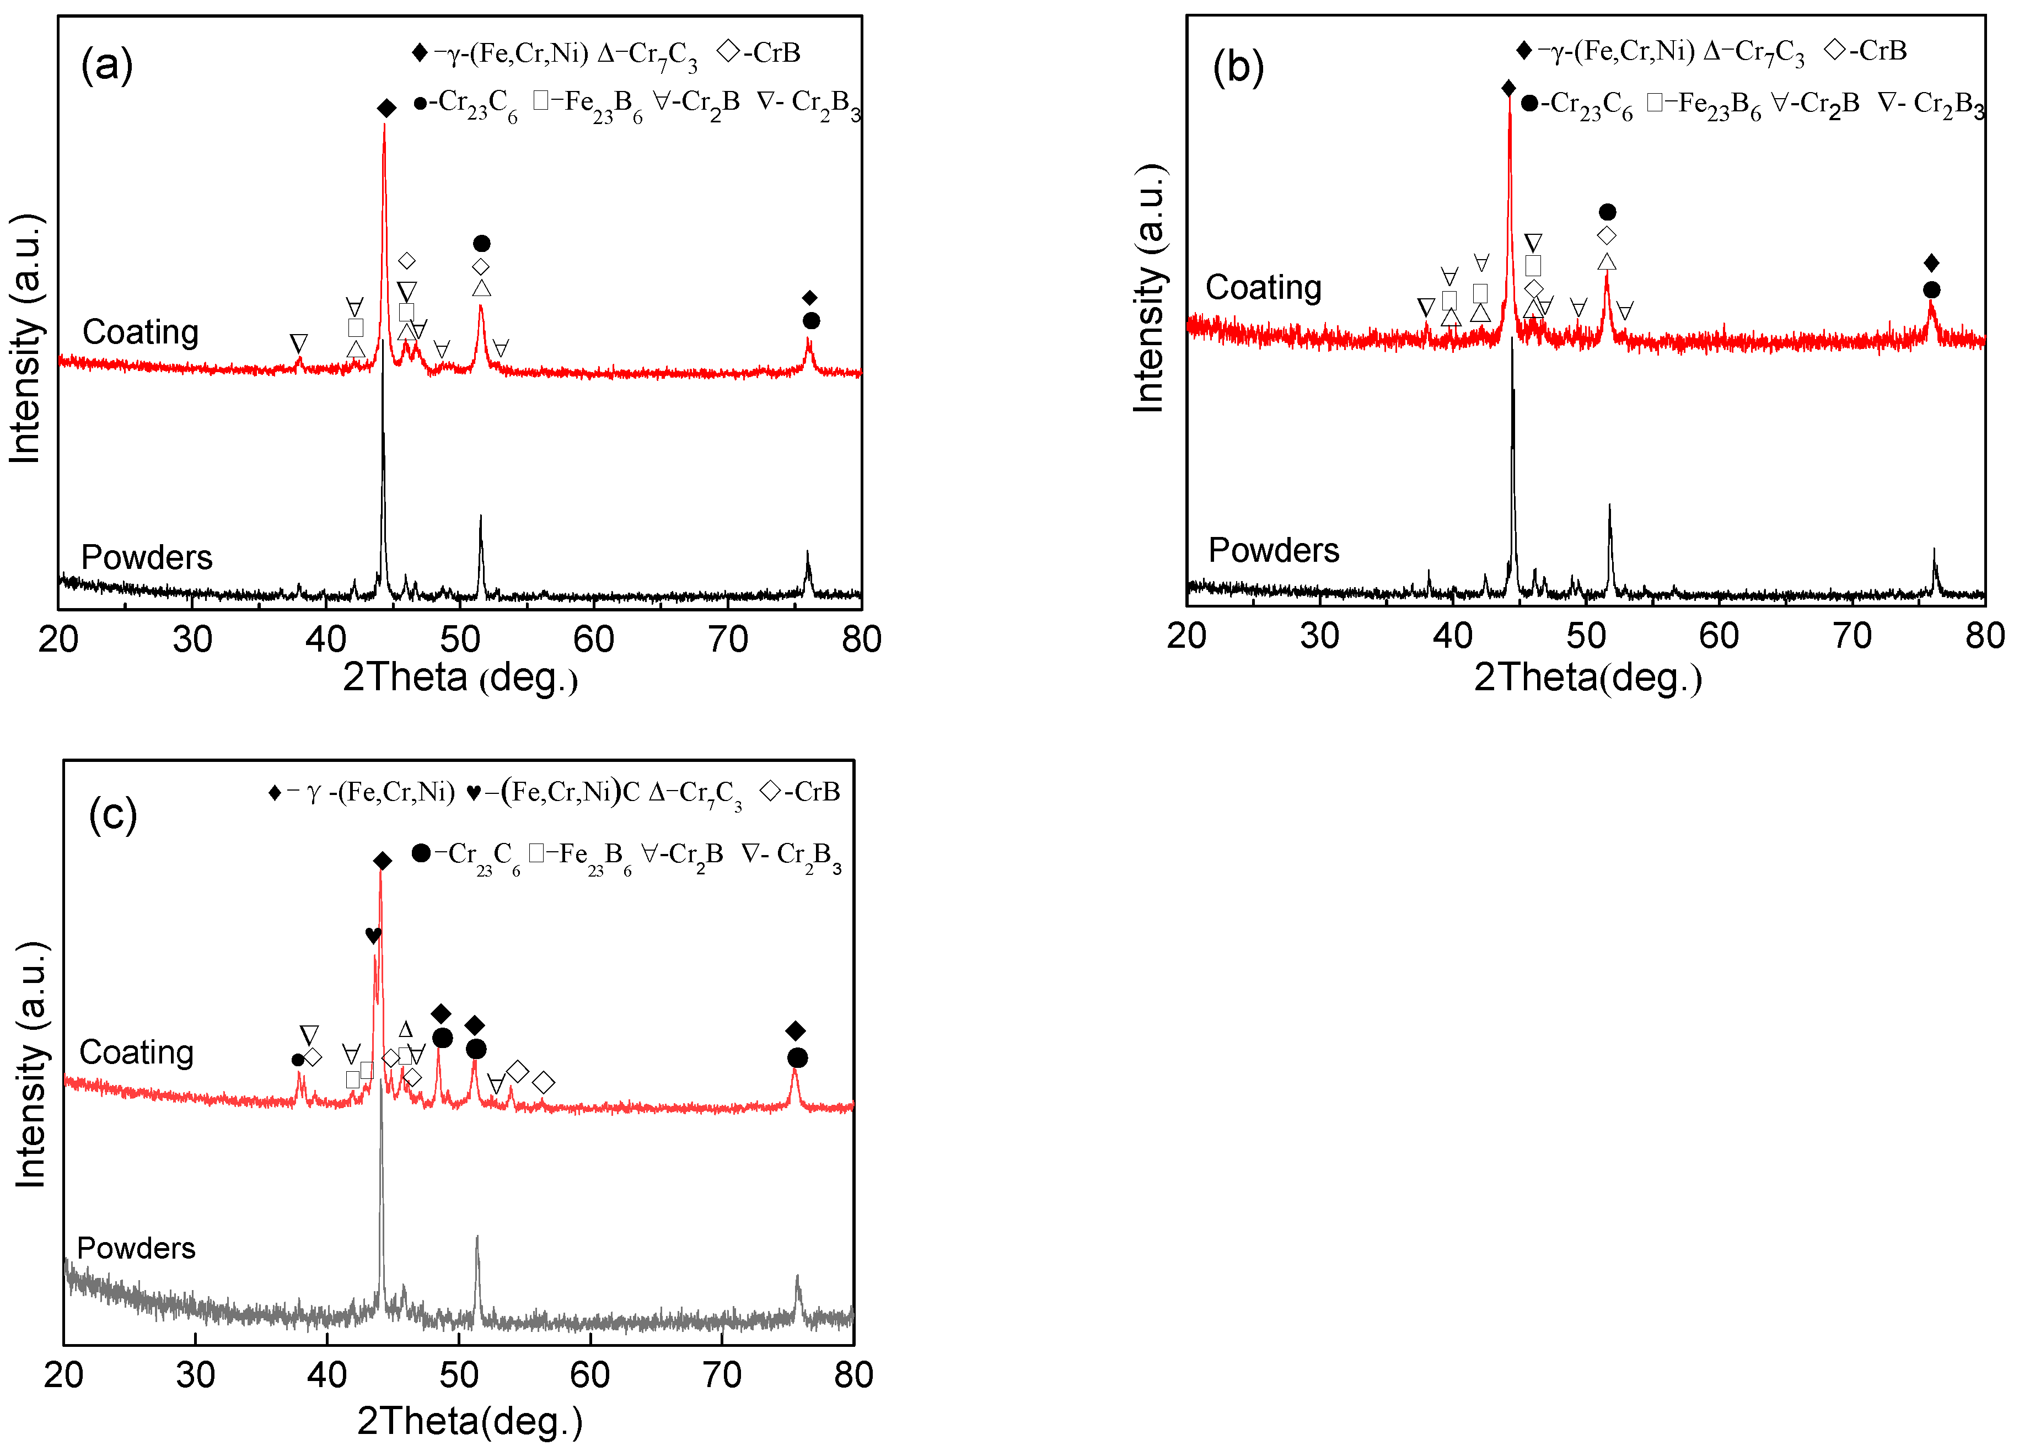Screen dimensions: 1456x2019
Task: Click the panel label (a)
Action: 107,66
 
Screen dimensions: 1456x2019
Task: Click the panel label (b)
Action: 1237,68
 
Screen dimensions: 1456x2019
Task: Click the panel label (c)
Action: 113,814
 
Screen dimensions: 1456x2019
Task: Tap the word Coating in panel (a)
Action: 141,332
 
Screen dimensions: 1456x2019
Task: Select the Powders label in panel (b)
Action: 1273,550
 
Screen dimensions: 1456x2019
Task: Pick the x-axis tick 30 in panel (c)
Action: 195,1375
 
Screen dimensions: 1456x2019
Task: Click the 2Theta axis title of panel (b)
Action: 1587,678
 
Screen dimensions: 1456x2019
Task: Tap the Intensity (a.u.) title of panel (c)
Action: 31,1063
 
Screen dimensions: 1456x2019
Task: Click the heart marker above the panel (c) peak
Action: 373,936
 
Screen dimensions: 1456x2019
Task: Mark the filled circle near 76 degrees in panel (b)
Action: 1931,290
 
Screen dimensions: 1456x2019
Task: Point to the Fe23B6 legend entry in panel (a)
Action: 588,103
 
